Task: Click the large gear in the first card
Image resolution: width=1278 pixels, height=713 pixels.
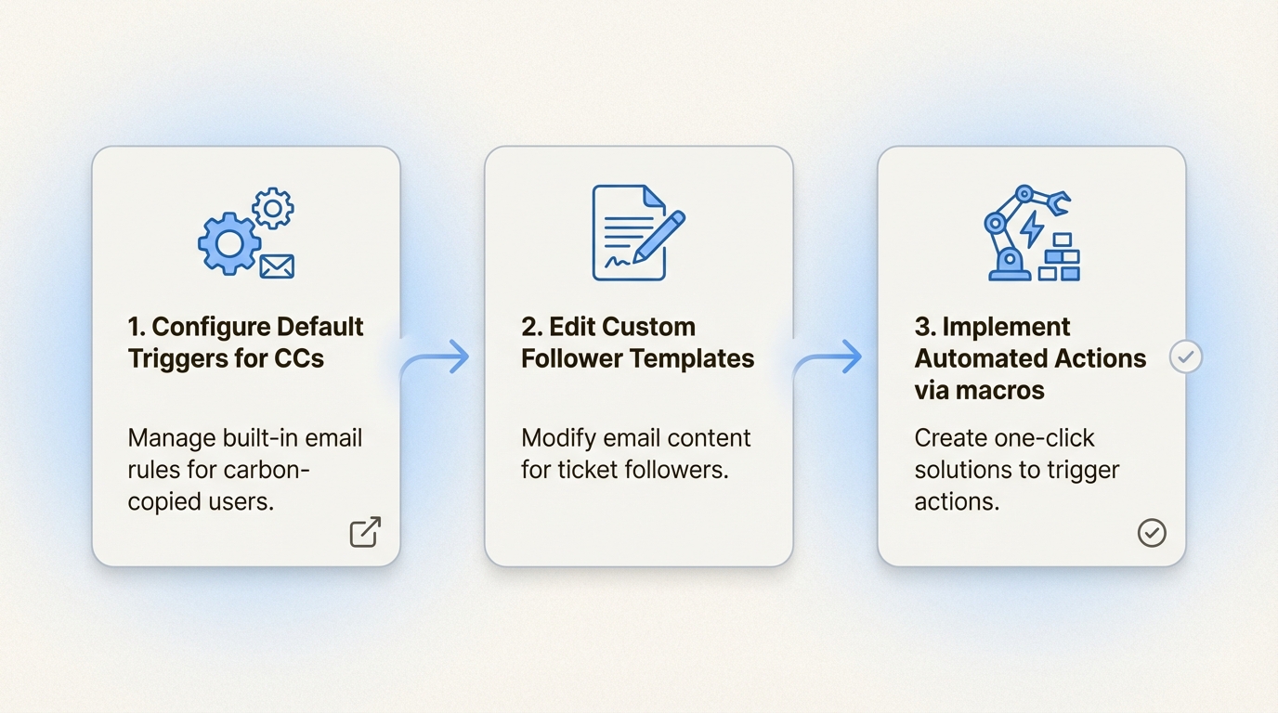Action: [229, 244]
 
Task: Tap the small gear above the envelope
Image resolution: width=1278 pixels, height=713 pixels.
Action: [273, 208]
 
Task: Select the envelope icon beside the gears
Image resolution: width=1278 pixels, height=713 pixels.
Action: [277, 266]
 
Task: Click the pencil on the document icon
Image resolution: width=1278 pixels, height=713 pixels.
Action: [659, 238]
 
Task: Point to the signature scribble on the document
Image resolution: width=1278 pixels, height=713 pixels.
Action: [618, 262]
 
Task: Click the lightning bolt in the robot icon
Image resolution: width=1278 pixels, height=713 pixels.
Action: [1032, 230]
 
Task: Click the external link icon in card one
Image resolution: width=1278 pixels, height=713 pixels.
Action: [365, 532]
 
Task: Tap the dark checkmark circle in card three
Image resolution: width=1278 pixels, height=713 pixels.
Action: [1152, 533]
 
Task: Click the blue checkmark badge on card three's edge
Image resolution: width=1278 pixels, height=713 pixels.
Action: [1185, 357]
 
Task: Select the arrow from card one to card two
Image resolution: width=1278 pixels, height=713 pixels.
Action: [435, 358]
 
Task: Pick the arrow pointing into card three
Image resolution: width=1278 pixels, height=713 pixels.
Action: [828, 358]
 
